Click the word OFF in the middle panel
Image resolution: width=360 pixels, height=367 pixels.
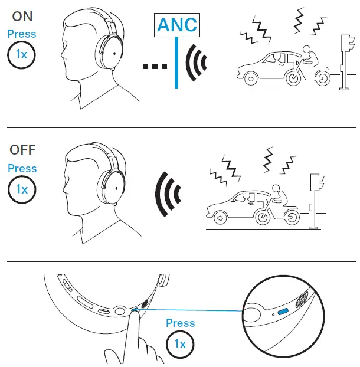22,149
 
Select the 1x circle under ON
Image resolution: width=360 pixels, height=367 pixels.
22,55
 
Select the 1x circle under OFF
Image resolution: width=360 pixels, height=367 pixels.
22,189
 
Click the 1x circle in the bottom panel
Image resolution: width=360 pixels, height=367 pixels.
181,343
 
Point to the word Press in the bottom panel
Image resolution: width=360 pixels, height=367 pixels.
181,323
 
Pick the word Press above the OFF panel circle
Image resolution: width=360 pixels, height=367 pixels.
22,168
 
